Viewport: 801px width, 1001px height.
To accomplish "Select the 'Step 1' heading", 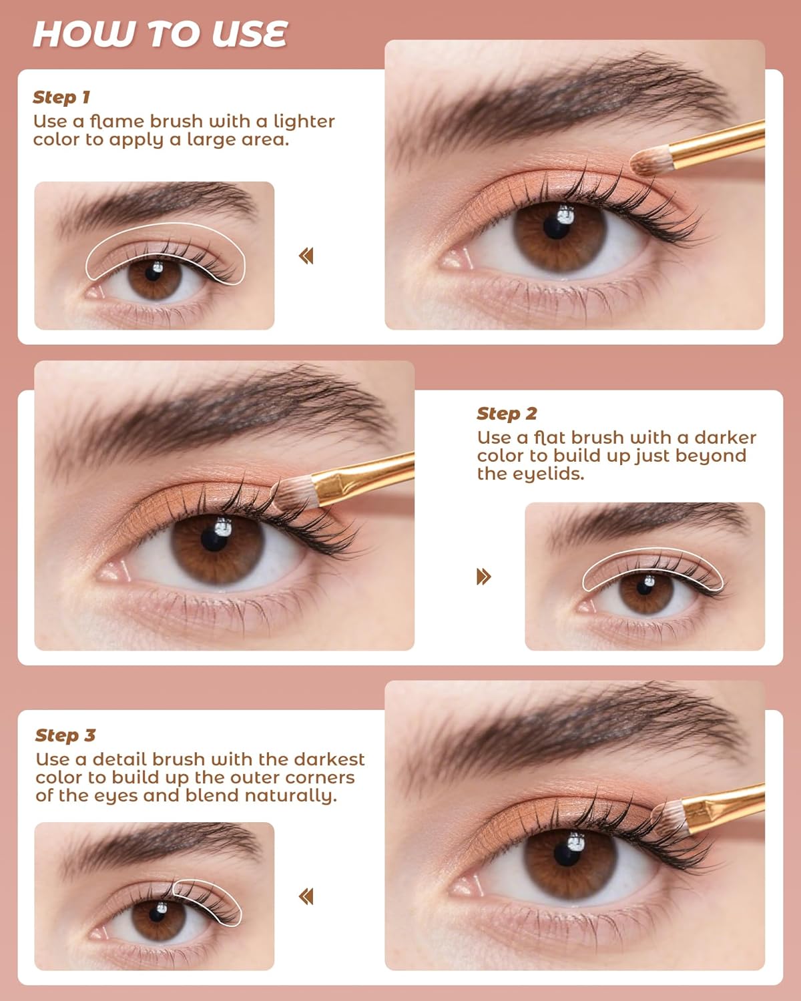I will pyautogui.click(x=61, y=97).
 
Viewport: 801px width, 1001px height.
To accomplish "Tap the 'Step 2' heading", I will pyautogui.click(x=507, y=414).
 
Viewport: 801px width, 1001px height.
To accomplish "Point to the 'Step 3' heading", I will pyautogui.click(x=65, y=735).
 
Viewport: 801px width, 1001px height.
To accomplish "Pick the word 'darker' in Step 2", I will pyautogui.click(x=725, y=438).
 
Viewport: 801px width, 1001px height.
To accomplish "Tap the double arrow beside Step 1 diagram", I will pyautogui.click(x=306, y=256).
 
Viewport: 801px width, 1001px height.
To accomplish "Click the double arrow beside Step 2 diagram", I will pyautogui.click(x=484, y=577).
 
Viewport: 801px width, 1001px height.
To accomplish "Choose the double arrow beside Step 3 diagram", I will pyautogui.click(x=306, y=896).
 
